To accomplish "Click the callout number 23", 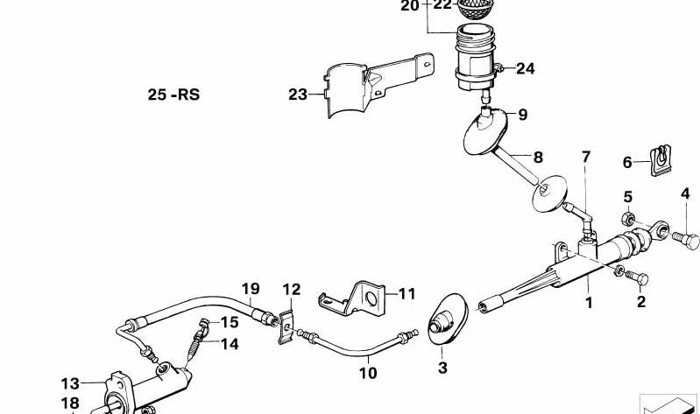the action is click(298, 95).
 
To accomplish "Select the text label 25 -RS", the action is click(173, 95).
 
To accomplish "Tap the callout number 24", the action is click(526, 68).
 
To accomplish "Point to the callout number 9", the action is click(523, 115).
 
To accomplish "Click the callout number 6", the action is click(627, 163).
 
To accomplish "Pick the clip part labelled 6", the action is click(661, 160).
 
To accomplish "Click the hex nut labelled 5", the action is click(628, 219).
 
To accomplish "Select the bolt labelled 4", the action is click(685, 240).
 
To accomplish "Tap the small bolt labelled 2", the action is click(636, 277).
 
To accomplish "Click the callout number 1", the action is click(590, 304).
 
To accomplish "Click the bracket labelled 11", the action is click(352, 298).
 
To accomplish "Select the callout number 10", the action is click(368, 373).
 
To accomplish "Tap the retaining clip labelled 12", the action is click(286, 327).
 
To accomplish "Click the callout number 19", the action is click(251, 289).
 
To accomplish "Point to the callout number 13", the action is click(70, 383).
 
